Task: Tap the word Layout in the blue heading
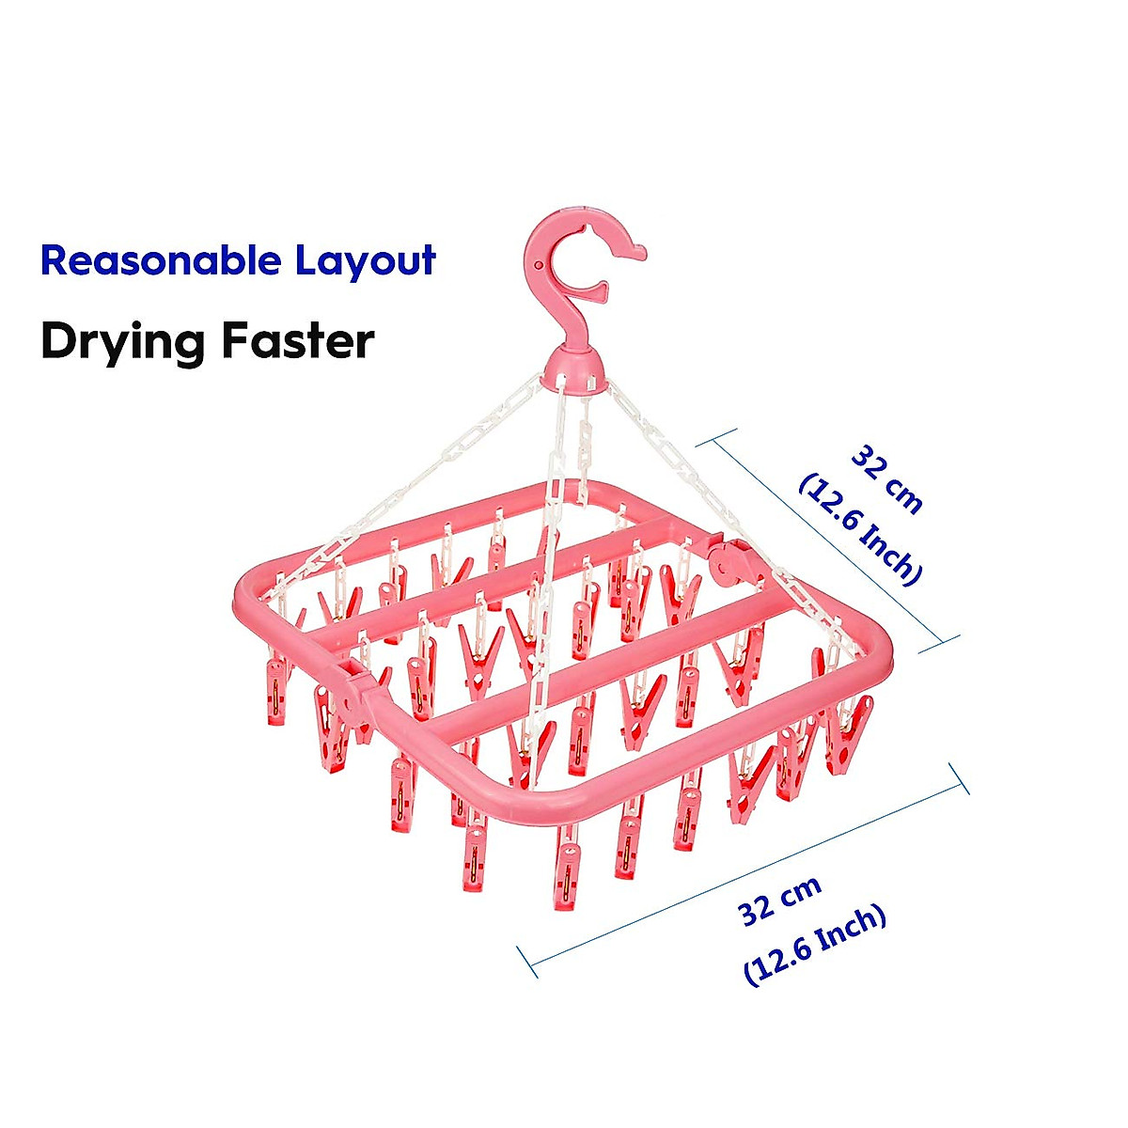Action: click(x=366, y=260)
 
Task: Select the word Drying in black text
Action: click(x=122, y=341)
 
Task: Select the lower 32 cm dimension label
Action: click(x=779, y=900)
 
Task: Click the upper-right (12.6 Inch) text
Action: click(x=857, y=528)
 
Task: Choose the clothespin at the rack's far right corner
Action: click(x=848, y=733)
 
